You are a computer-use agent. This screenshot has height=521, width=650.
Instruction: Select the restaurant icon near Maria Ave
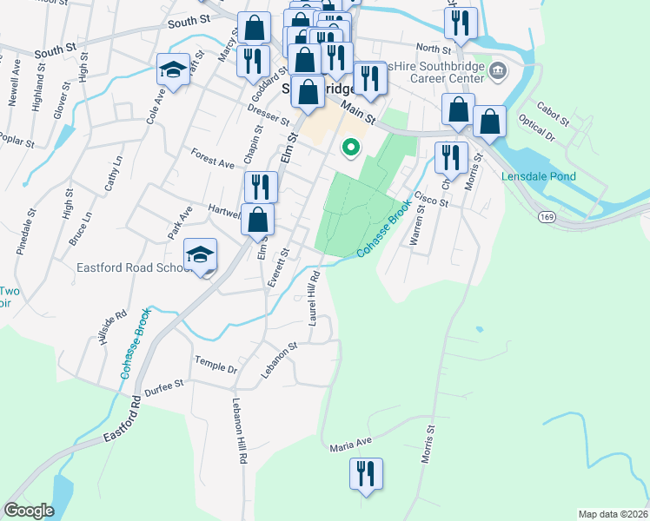pyautogui.click(x=365, y=474)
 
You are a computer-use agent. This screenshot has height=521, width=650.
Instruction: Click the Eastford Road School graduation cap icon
pyautogui.click(x=201, y=254)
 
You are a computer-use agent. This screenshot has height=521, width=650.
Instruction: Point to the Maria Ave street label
pyautogui.click(x=350, y=445)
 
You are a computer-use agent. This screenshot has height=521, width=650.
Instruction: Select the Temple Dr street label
pyautogui.click(x=216, y=365)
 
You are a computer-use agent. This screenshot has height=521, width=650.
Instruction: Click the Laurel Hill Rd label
pyautogui.click(x=314, y=298)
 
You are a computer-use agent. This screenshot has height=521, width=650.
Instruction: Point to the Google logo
pyautogui.click(x=29, y=511)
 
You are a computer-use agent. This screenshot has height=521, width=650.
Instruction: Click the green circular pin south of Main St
pyautogui.click(x=351, y=148)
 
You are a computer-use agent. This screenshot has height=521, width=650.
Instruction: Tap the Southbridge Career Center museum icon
pyautogui.click(x=498, y=70)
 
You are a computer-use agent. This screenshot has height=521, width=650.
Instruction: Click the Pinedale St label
pyautogui.click(x=26, y=229)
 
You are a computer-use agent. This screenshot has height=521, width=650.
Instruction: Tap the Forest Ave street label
pyautogui.click(x=213, y=156)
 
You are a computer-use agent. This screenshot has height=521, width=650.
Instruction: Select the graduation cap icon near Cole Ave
pyautogui.click(x=173, y=69)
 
